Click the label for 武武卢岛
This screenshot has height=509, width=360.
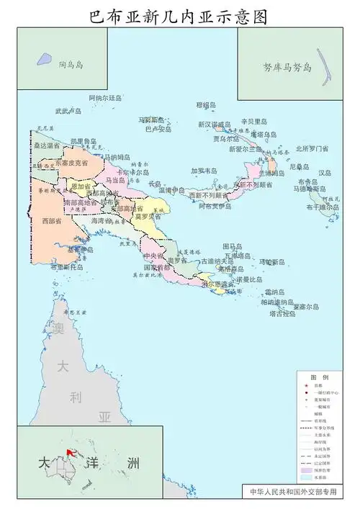[x=68, y=112]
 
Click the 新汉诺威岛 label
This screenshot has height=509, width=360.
[x=215, y=124]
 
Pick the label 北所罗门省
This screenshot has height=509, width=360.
[x=312, y=149]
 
